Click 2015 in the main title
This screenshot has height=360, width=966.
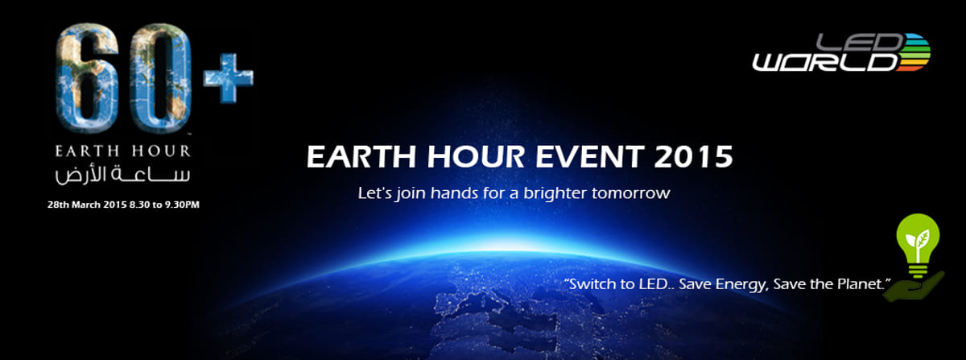pyautogui.click(x=693, y=156)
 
